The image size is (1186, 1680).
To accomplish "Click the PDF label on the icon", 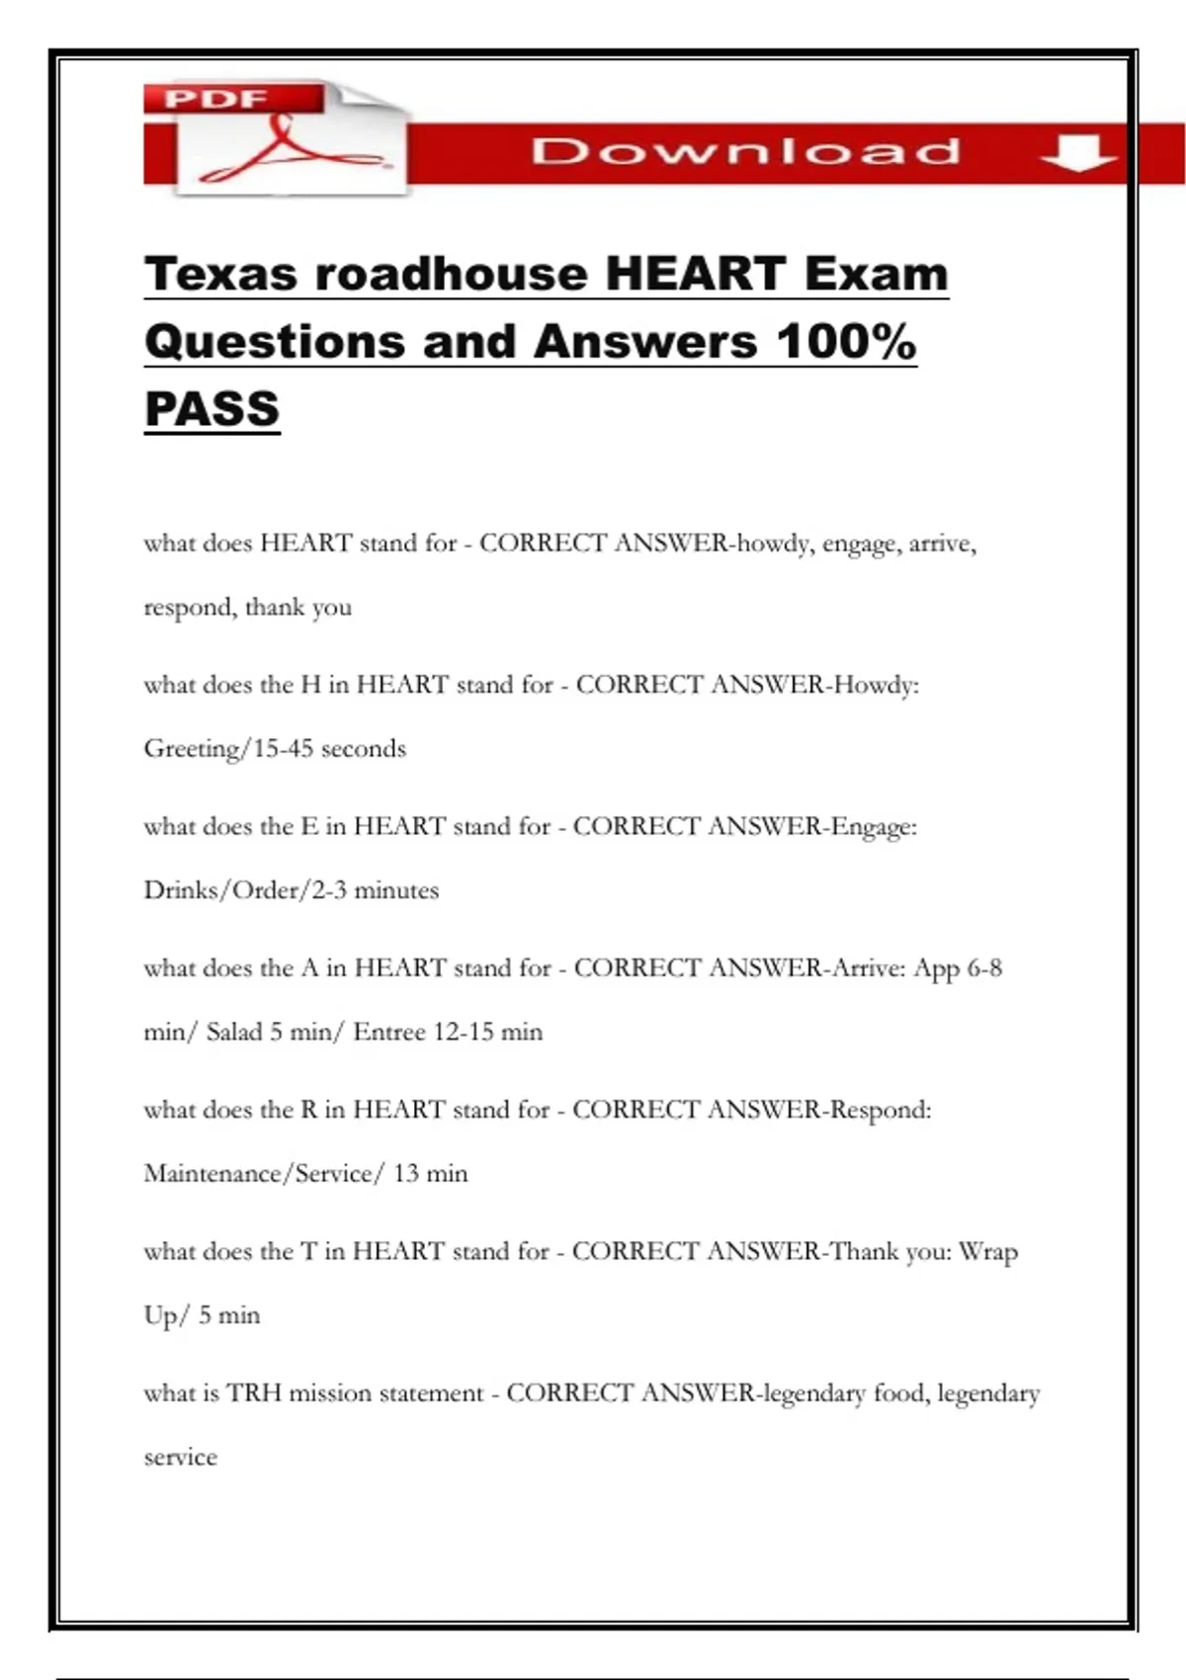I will (x=215, y=99).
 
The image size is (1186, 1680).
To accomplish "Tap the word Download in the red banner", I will (x=745, y=151).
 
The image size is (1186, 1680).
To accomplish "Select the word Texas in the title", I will (x=219, y=274).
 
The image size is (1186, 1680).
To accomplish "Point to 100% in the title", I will (x=846, y=342).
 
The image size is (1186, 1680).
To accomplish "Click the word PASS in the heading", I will (x=212, y=409).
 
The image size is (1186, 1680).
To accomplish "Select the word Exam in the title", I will (x=876, y=274).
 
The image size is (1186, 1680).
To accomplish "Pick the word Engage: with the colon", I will (x=874, y=826).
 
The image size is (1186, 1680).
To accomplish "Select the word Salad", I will (x=234, y=1032).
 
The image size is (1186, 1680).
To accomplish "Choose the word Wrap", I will (x=987, y=1252).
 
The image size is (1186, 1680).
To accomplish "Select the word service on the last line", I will (x=180, y=1457).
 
